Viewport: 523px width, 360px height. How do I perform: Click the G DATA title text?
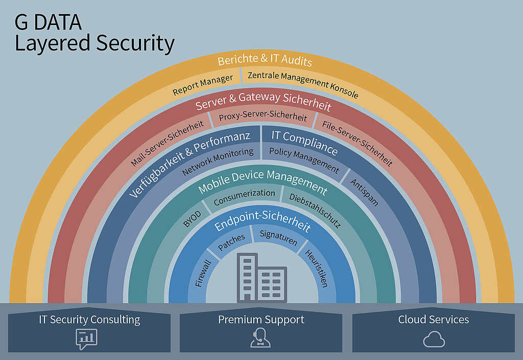pos(48,22)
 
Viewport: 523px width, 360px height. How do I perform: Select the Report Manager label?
pos(203,85)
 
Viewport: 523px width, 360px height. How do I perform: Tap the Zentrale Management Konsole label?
pos(303,84)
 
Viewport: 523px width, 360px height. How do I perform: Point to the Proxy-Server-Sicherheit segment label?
pos(263,115)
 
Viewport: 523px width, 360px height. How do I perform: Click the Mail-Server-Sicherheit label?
pos(167,143)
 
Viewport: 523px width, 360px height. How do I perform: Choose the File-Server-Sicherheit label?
pos(357,143)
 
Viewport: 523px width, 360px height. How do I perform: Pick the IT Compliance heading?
pos(304,142)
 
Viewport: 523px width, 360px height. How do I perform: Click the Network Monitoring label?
pos(218,161)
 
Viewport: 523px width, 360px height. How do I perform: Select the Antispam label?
pos(364,193)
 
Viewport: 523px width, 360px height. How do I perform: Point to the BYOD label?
pos(193,219)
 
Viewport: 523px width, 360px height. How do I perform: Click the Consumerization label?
pos(244,197)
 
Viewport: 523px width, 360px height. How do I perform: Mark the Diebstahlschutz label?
pos(315,210)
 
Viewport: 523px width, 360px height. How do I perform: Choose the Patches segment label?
pos(231,242)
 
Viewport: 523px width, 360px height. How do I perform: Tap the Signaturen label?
pos(278,237)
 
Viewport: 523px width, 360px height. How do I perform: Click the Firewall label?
pos(203,273)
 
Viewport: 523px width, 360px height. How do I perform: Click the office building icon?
pos(262,278)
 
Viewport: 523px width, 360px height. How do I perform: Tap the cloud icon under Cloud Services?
pos(434,340)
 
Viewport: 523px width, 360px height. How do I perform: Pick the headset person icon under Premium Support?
pos(260,338)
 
